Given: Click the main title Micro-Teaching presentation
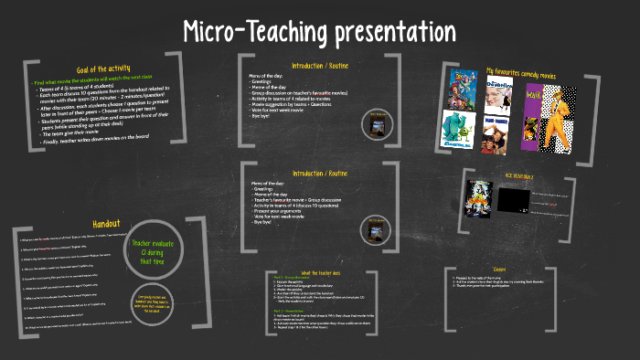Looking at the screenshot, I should tap(319, 31).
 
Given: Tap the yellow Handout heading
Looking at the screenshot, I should tap(106, 224).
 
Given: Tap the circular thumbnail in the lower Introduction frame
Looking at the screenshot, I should tap(376, 225).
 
